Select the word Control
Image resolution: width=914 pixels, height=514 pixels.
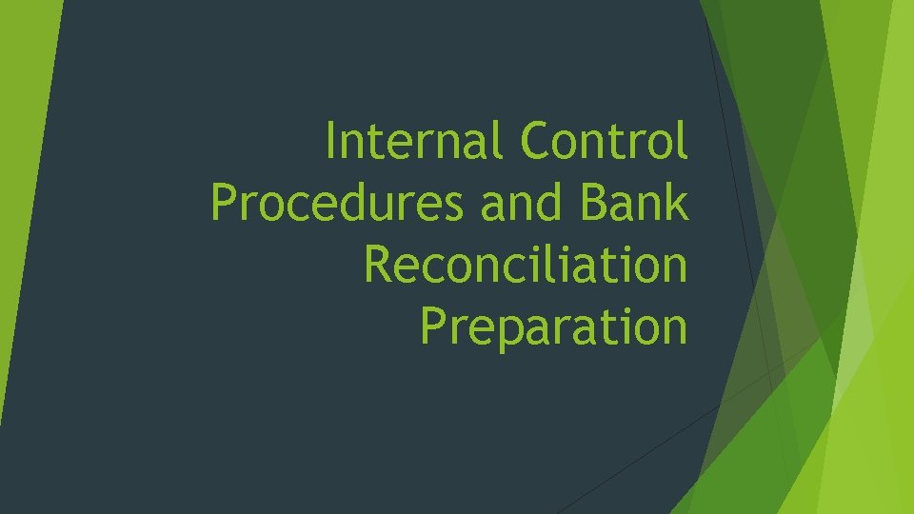point(604,143)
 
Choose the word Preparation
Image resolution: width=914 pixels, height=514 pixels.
point(553,326)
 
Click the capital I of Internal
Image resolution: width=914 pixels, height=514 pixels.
point(330,143)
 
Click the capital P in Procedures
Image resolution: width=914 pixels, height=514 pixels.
point(225,204)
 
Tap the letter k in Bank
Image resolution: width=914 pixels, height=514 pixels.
point(676,203)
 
